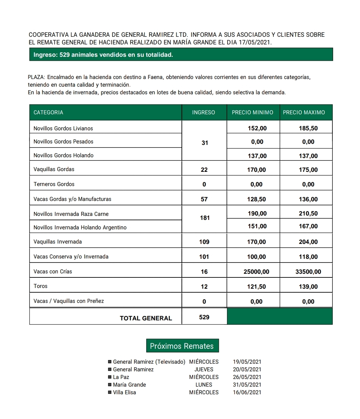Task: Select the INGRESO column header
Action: click(x=204, y=112)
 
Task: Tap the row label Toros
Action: click(x=40, y=286)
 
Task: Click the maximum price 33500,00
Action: click(x=308, y=272)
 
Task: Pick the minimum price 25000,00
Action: click(x=256, y=272)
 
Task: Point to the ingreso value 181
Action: click(x=205, y=218)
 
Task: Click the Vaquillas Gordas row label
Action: click(x=54, y=169)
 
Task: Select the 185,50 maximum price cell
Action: click(x=308, y=129)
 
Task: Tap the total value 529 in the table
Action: click(x=204, y=317)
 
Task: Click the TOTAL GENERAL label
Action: click(x=146, y=318)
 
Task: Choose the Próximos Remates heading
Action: click(x=182, y=346)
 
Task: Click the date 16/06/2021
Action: click(x=247, y=392)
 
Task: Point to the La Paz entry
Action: click(x=121, y=377)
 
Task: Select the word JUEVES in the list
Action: click(x=204, y=369)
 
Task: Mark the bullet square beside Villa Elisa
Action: click(x=110, y=392)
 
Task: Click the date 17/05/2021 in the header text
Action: click(x=255, y=43)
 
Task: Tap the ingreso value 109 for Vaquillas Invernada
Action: click(x=204, y=242)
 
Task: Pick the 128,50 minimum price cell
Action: click(x=256, y=199)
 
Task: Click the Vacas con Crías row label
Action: click(x=53, y=272)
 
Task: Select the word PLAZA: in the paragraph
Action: click(x=36, y=78)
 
